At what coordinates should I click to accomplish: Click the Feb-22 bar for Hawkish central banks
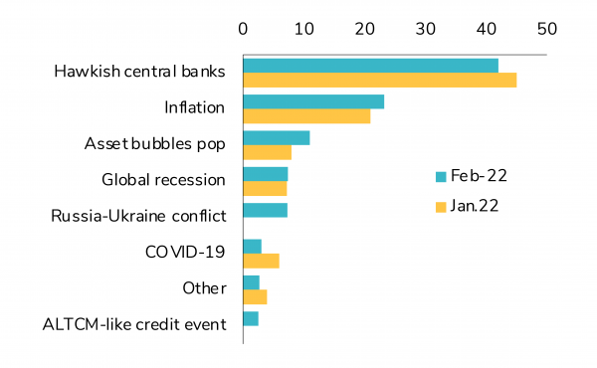click(370, 66)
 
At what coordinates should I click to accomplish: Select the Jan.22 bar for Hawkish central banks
click(379, 80)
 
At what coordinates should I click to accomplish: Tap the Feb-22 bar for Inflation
click(313, 101)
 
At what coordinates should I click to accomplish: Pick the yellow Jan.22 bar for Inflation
click(306, 116)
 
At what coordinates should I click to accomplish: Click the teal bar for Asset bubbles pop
click(277, 137)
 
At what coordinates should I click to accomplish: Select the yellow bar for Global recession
click(265, 188)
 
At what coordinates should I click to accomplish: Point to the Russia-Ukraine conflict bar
click(266, 210)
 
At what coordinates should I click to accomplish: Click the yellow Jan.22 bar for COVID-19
click(261, 261)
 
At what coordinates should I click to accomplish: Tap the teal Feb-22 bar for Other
click(251, 282)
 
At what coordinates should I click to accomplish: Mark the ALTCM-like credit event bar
click(251, 318)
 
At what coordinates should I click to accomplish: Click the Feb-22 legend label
click(479, 177)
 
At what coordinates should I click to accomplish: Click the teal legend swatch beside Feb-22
click(440, 177)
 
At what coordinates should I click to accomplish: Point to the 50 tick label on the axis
click(546, 30)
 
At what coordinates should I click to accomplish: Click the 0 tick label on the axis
click(244, 30)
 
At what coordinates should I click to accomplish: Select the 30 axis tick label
click(425, 30)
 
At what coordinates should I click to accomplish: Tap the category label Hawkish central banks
click(140, 73)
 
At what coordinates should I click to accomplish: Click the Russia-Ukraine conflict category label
click(138, 216)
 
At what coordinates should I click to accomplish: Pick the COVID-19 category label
click(186, 253)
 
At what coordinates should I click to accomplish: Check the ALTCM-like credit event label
click(134, 324)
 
